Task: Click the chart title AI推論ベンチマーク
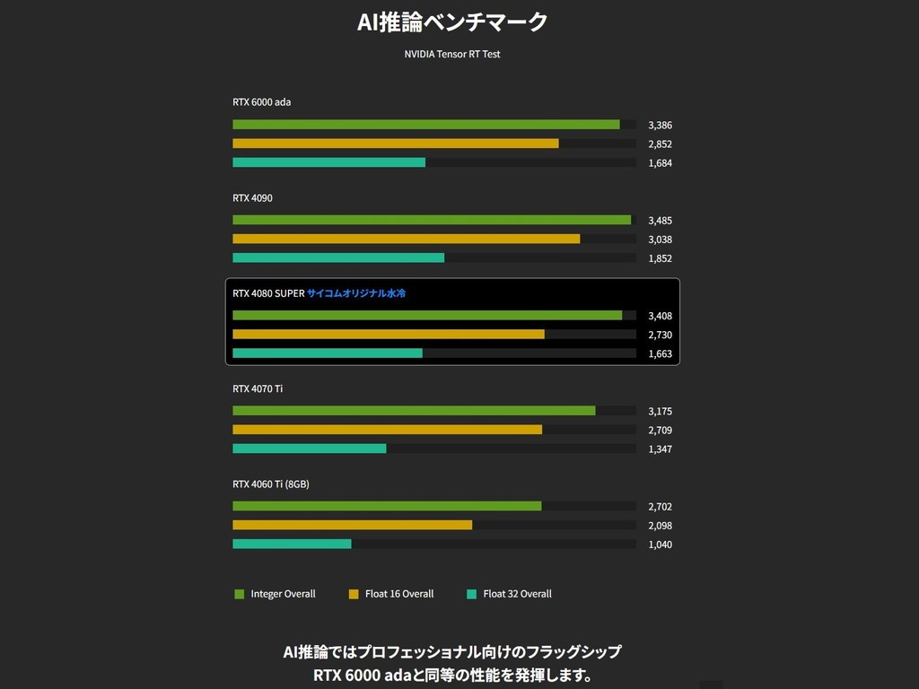pos(452,22)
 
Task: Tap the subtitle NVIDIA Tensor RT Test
pos(452,54)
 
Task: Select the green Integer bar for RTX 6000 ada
pos(426,125)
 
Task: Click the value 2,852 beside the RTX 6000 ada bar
pos(660,144)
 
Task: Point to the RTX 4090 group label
pos(252,197)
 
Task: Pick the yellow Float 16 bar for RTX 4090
pos(406,239)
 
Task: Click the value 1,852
pos(660,258)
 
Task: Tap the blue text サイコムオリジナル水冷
pos(356,293)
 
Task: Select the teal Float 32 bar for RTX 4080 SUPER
pos(328,353)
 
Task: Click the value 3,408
pos(660,316)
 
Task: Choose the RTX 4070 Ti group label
pos(258,388)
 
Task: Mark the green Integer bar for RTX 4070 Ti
pos(414,411)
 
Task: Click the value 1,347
pos(660,449)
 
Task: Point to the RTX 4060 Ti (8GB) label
pos(271,484)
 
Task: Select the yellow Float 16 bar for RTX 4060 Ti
pos(352,525)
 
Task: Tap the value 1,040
pos(660,545)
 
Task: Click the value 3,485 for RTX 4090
pos(660,220)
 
